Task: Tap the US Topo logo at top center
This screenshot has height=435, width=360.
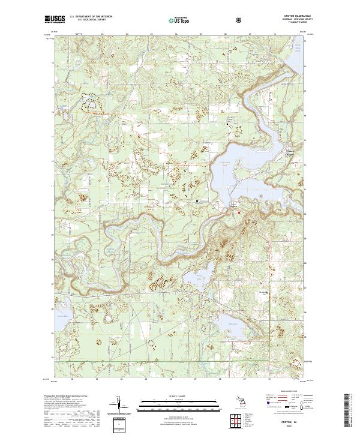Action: coord(178,20)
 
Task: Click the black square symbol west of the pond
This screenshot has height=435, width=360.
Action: coord(197,201)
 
